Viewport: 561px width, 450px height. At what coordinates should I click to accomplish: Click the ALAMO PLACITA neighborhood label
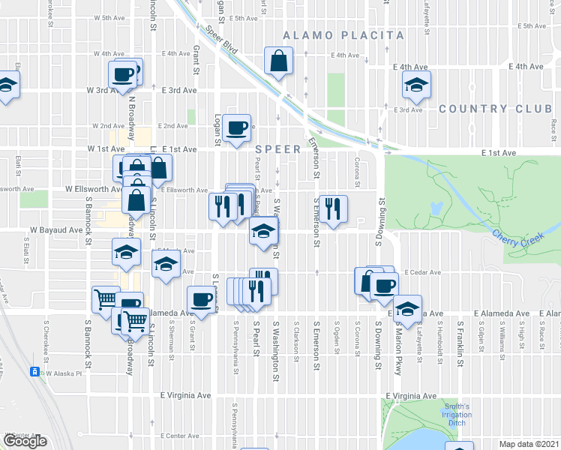pyautogui.click(x=343, y=35)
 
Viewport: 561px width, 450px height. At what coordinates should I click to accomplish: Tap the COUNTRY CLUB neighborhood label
pyautogui.click(x=495, y=109)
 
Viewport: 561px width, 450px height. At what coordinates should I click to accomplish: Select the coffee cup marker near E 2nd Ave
pyautogui.click(x=237, y=128)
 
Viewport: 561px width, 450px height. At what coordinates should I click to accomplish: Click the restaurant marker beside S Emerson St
pyautogui.click(x=331, y=208)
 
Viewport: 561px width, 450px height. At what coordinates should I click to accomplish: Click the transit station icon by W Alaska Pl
pyautogui.click(x=34, y=372)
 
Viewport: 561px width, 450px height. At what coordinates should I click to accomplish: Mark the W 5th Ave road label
pyautogui.click(x=109, y=18)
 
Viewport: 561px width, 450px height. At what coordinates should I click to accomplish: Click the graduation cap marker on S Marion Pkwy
pyautogui.click(x=406, y=309)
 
